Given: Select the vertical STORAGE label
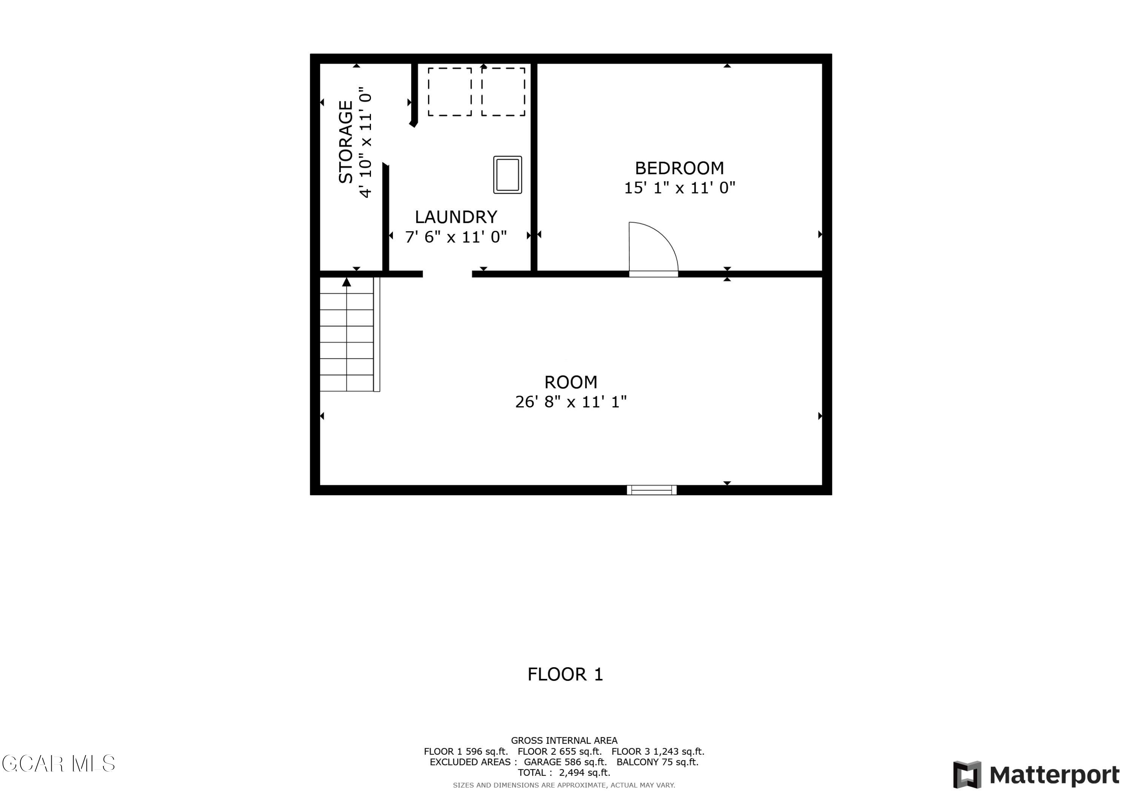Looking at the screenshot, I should coord(346,142).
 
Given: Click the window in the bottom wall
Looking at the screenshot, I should coord(651,490).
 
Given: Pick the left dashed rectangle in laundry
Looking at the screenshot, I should coord(450,92).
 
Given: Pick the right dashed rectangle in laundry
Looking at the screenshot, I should coord(503,92).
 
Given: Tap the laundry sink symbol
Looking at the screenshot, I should coord(508,175).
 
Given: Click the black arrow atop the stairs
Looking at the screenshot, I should coord(347,282).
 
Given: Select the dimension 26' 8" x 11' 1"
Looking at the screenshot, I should coord(571,402).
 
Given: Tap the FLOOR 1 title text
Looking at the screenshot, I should coord(565,674).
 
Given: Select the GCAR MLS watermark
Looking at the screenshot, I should coord(58,763).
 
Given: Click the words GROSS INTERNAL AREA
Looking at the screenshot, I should coord(564,740).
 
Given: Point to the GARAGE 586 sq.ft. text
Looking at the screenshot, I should coord(565,762).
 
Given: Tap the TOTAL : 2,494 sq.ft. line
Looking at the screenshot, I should coord(564,773).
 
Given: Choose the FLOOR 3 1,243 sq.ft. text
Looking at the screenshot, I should coord(658,751).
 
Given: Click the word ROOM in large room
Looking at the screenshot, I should coord(571,382).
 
